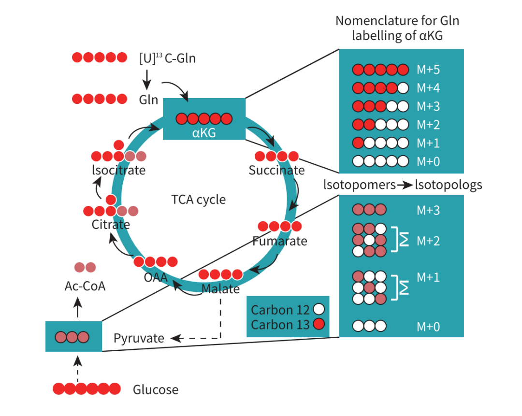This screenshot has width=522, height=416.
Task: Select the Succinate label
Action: pos(276,170)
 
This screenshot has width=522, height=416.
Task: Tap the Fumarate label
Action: pos(279,241)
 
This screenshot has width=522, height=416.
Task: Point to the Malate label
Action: pos(220,289)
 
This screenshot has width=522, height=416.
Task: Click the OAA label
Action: pos(156,277)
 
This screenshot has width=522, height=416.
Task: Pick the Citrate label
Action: pos(111,225)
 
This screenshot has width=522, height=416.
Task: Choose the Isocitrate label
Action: pos(118,170)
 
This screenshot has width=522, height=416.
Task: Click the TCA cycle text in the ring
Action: pos(198,200)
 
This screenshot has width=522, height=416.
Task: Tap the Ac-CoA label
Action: pos(85,286)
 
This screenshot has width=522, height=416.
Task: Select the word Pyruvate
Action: pos(139,338)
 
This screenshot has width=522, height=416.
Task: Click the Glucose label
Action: pos(156,389)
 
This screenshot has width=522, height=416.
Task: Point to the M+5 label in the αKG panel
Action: pos(428,70)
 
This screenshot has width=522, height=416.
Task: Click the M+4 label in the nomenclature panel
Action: pos(428,88)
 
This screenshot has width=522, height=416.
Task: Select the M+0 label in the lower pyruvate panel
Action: pos(428,327)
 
